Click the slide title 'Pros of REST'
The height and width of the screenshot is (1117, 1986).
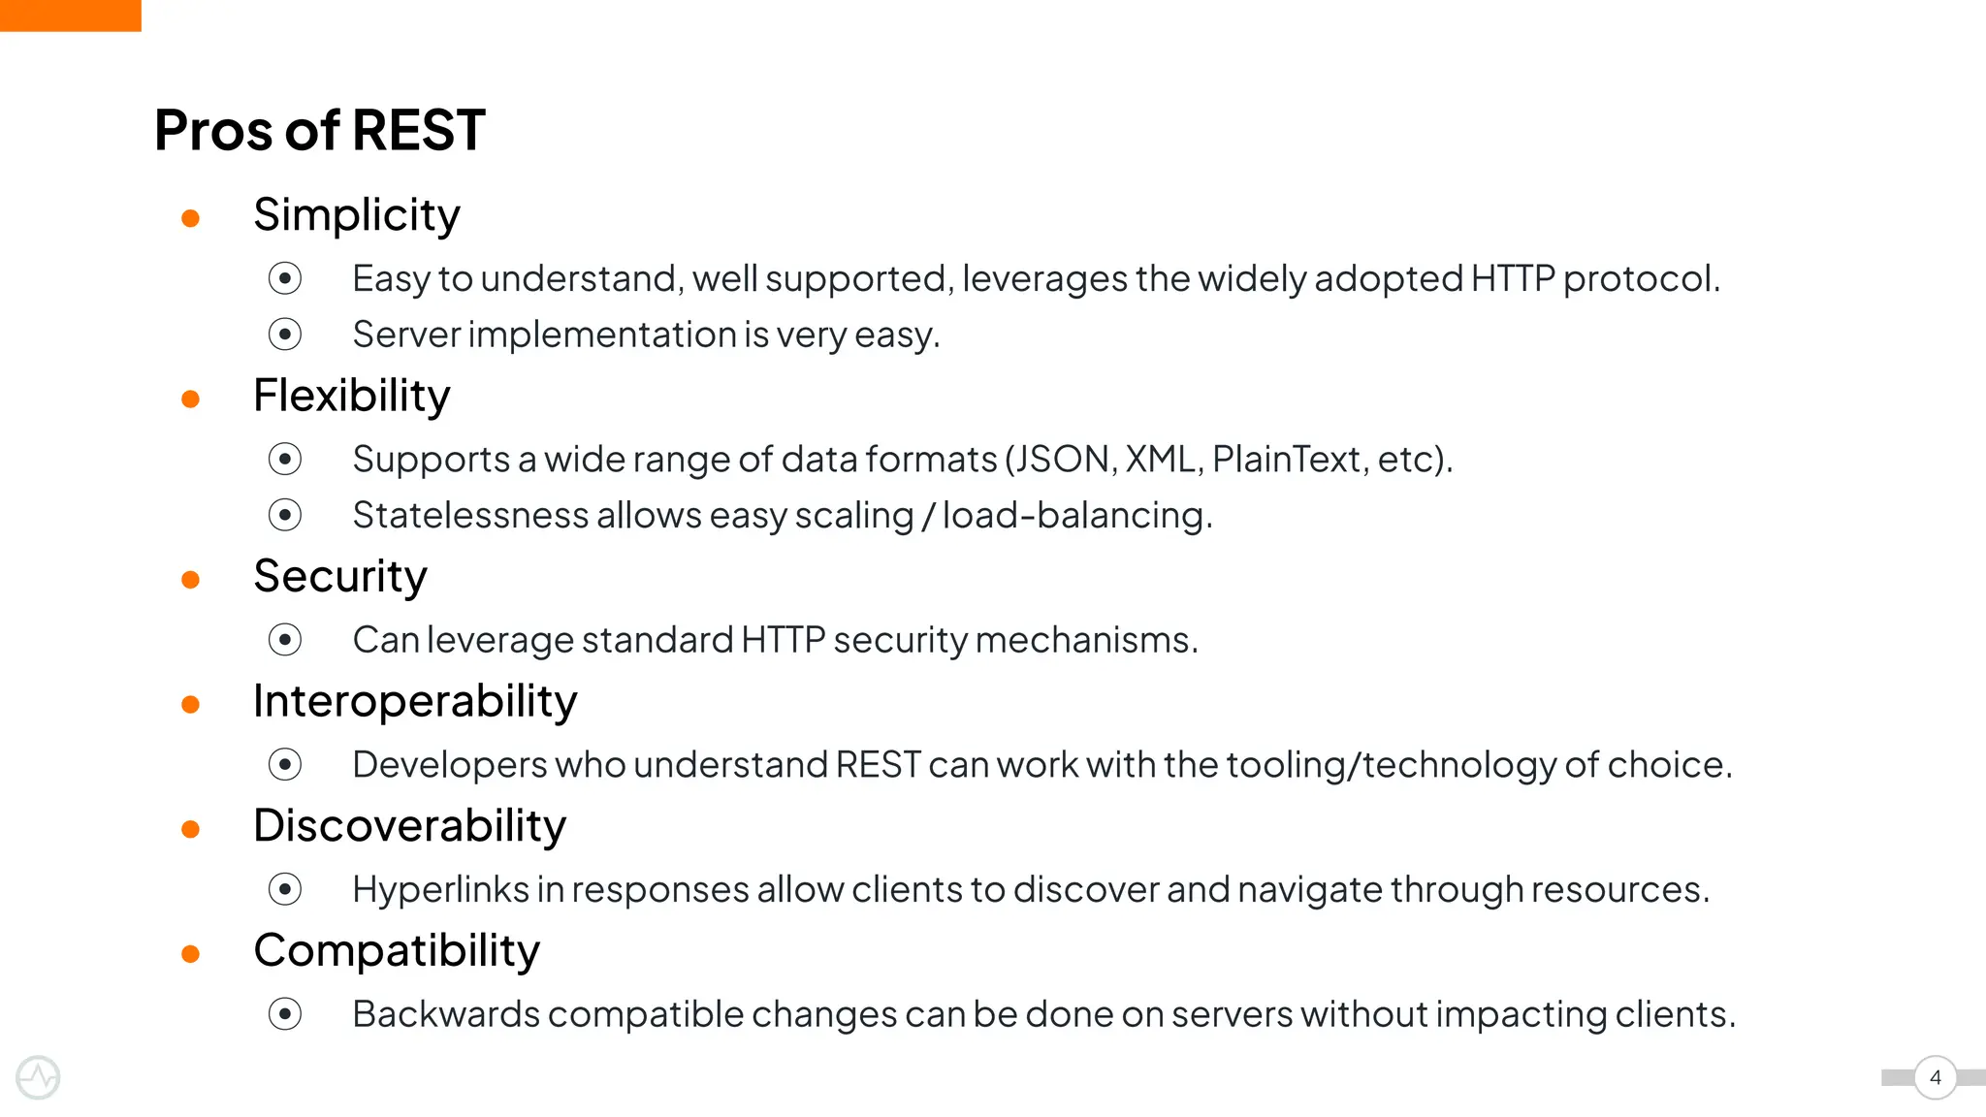click(x=319, y=130)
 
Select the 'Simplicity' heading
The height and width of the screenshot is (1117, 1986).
click(x=356, y=215)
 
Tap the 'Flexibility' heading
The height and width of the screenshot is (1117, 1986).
click(x=351, y=396)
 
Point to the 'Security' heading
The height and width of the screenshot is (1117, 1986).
click(x=339, y=577)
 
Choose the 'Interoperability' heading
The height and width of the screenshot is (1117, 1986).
click(x=414, y=701)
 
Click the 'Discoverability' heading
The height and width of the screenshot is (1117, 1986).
click(x=409, y=826)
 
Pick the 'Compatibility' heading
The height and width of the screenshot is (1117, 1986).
click(x=396, y=950)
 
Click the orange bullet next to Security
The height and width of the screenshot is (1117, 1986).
click(x=191, y=580)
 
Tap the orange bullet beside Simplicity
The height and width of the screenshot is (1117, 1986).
click(x=191, y=218)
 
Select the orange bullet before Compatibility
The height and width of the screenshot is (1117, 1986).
click(x=191, y=954)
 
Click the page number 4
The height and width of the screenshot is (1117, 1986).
click(x=1935, y=1077)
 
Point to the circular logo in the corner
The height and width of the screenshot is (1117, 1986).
click(x=38, y=1077)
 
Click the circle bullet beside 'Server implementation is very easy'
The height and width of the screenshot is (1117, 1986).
click(x=285, y=335)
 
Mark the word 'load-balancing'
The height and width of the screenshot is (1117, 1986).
click(x=1073, y=516)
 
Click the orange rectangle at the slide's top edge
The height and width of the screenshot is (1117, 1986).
click(x=70, y=16)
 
